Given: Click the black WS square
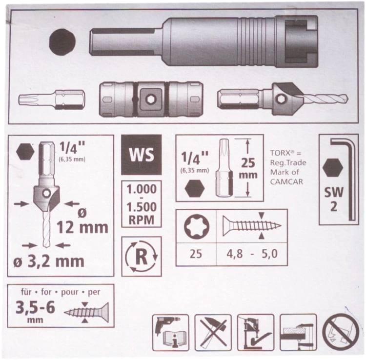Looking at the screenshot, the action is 141,155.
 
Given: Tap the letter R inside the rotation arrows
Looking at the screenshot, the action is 141,257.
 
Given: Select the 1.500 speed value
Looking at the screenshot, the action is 142,207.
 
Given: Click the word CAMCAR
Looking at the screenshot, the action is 286,182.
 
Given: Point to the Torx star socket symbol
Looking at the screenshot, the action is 197,226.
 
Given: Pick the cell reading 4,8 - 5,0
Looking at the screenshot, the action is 252,254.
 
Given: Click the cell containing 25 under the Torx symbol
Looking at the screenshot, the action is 196,254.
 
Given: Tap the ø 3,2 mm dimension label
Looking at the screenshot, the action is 48,261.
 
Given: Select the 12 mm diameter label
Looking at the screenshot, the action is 82,227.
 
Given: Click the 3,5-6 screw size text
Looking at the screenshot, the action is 35,307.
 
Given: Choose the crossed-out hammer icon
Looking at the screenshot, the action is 213,332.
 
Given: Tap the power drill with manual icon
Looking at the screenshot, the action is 171,332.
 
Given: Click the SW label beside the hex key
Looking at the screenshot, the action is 334,192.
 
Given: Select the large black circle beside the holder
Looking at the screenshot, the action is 62,42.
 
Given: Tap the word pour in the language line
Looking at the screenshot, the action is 70,292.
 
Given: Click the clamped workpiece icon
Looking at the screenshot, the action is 298,332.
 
